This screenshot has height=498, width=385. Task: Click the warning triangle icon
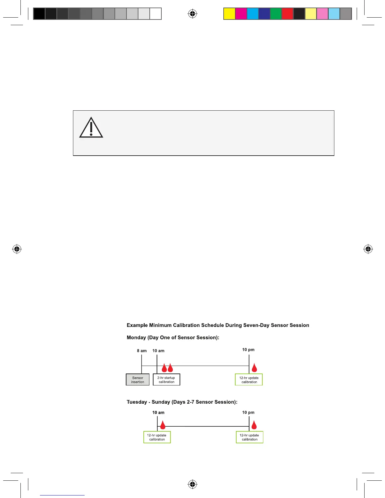[91, 128]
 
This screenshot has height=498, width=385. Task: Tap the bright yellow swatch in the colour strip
[229, 14]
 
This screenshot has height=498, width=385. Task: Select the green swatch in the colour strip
[276, 14]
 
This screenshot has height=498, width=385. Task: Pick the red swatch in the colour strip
[287, 14]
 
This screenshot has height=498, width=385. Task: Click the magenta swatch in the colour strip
[241, 14]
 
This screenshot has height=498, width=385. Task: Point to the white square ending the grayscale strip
[155, 14]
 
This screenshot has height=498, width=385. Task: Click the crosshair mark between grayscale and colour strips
[192, 14]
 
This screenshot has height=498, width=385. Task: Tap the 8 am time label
[142, 351]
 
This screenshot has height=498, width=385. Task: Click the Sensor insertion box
[138, 380]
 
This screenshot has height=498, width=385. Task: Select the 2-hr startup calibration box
[166, 380]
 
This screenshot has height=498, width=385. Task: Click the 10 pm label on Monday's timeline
[248, 350]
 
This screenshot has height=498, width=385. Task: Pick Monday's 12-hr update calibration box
[249, 380]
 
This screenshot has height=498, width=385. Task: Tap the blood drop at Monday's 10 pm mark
[254, 368]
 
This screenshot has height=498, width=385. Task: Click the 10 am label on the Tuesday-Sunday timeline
[158, 412]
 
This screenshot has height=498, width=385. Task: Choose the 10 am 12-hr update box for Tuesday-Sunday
[157, 437]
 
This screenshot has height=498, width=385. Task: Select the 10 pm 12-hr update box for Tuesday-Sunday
[249, 437]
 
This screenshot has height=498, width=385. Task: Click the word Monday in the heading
[136, 338]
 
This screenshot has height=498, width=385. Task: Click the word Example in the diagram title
[137, 325]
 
